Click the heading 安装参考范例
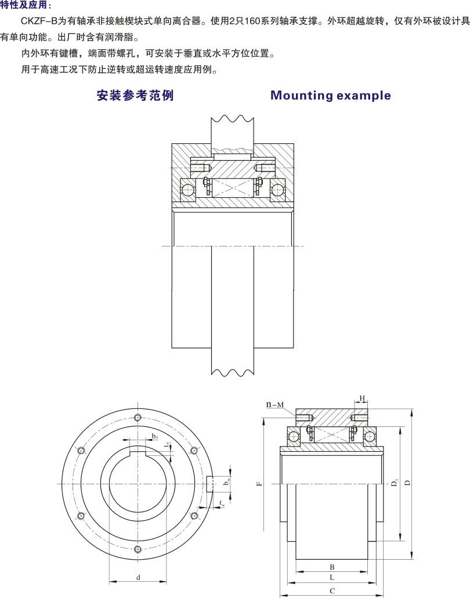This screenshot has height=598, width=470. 135,96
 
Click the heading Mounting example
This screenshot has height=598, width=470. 331,96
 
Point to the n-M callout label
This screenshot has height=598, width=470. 275,404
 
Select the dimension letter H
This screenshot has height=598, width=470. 361,398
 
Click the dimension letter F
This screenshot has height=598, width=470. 260,481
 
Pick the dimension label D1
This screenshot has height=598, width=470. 394,483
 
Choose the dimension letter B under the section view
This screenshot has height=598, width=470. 331,567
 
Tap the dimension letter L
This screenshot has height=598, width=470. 331,578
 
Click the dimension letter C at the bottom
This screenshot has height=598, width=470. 331,591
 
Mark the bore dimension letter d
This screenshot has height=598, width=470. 138,578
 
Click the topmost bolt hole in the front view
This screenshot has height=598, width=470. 137,418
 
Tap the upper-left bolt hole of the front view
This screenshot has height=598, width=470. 80,451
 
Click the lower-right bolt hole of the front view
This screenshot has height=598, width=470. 194,516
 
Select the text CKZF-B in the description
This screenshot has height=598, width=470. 36,21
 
